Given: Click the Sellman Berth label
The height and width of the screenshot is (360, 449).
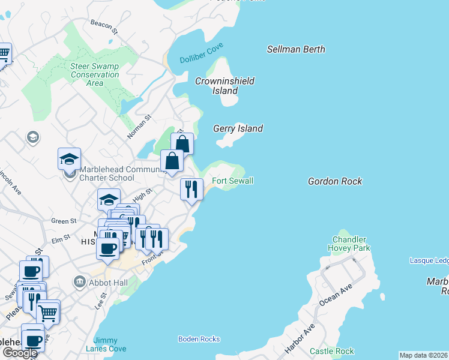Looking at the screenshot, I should click(x=296, y=49).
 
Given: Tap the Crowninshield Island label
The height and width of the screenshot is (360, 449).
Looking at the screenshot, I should click(x=225, y=86).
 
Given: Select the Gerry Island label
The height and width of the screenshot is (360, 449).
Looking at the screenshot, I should click(x=238, y=128).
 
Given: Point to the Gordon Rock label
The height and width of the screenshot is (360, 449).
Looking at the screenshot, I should click(x=335, y=181).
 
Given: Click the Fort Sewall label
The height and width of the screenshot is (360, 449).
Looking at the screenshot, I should click(x=232, y=181).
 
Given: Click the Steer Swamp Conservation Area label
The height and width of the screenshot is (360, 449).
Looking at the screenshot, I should click(x=95, y=74).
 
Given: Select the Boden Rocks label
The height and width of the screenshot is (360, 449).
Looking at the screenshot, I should click(x=199, y=339).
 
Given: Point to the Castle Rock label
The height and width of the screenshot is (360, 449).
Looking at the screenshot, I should click(x=331, y=351).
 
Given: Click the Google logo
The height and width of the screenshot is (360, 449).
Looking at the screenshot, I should click(x=20, y=352).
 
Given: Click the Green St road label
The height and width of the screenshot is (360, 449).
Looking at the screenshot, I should click(x=64, y=221).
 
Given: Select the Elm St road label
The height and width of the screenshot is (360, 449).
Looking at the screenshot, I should click(x=61, y=240).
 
